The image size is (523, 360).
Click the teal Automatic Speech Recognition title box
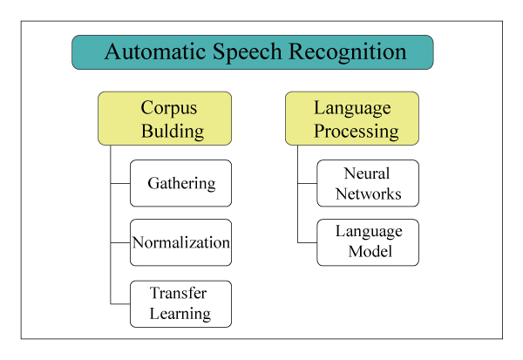tap(253, 52)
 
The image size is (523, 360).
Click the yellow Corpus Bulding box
tap(165, 119)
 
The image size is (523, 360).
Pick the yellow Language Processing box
tap(352, 119)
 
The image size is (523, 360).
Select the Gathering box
tap(180, 183)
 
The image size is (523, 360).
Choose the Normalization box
tap(180, 242)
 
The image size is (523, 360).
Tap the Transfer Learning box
tap(180, 303)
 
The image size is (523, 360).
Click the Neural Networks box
tap(367, 183)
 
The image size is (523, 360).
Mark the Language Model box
tap(367, 242)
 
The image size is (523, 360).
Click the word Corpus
tap(170, 108)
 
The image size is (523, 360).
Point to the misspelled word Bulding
tap(173, 132)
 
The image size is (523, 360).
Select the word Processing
tap(357, 132)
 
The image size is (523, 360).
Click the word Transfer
tap(178, 294)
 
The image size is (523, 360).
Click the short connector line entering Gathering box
tap(120, 183)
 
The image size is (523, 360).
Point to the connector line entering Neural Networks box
tap(307, 183)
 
